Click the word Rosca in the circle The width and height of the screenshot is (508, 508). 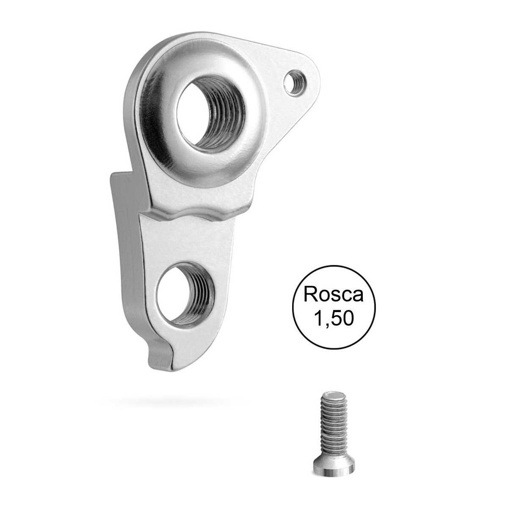334,295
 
